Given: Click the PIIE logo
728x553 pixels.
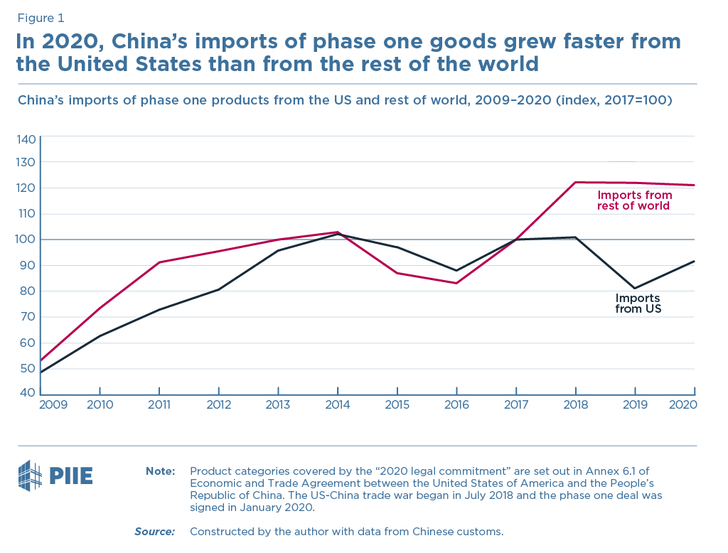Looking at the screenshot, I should click(x=55, y=476).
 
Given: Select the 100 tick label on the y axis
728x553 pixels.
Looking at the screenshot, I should click(x=26, y=240).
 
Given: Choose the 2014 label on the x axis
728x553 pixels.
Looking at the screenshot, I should click(x=337, y=404).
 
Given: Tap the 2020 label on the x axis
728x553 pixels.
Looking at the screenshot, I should click(x=682, y=404).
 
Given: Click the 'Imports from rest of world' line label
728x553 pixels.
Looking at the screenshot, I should click(x=634, y=200).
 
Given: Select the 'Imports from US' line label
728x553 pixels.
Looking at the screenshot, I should click(x=638, y=304).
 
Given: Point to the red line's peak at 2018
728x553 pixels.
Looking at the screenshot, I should click(x=575, y=183).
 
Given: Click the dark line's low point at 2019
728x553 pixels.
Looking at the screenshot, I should click(x=635, y=289).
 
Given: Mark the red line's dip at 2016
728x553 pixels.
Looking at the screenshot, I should click(x=456, y=283).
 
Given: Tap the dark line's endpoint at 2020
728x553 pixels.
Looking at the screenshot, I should click(x=694, y=261).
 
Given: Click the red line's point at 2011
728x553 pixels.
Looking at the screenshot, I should click(x=159, y=262).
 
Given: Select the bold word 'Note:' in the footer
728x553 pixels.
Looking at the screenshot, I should click(x=160, y=471).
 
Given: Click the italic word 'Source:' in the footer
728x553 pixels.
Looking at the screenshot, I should click(x=154, y=531).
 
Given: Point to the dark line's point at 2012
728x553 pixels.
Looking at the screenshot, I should click(x=218, y=289).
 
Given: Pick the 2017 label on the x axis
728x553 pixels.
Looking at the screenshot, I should click(x=515, y=404).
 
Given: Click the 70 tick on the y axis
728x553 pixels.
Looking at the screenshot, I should click(x=26, y=317).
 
